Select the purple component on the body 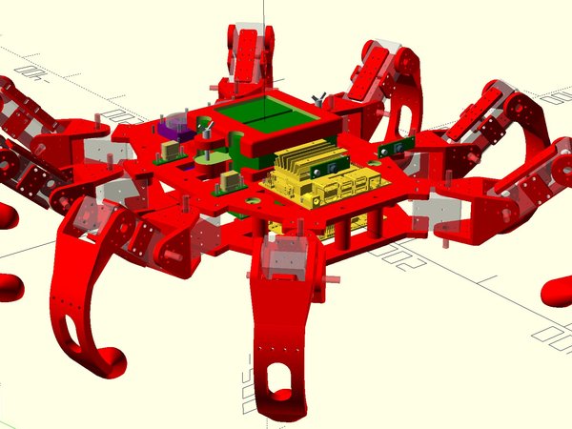coord(174,129)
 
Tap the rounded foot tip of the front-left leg coord(109,362)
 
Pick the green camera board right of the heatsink coord(391,149)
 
